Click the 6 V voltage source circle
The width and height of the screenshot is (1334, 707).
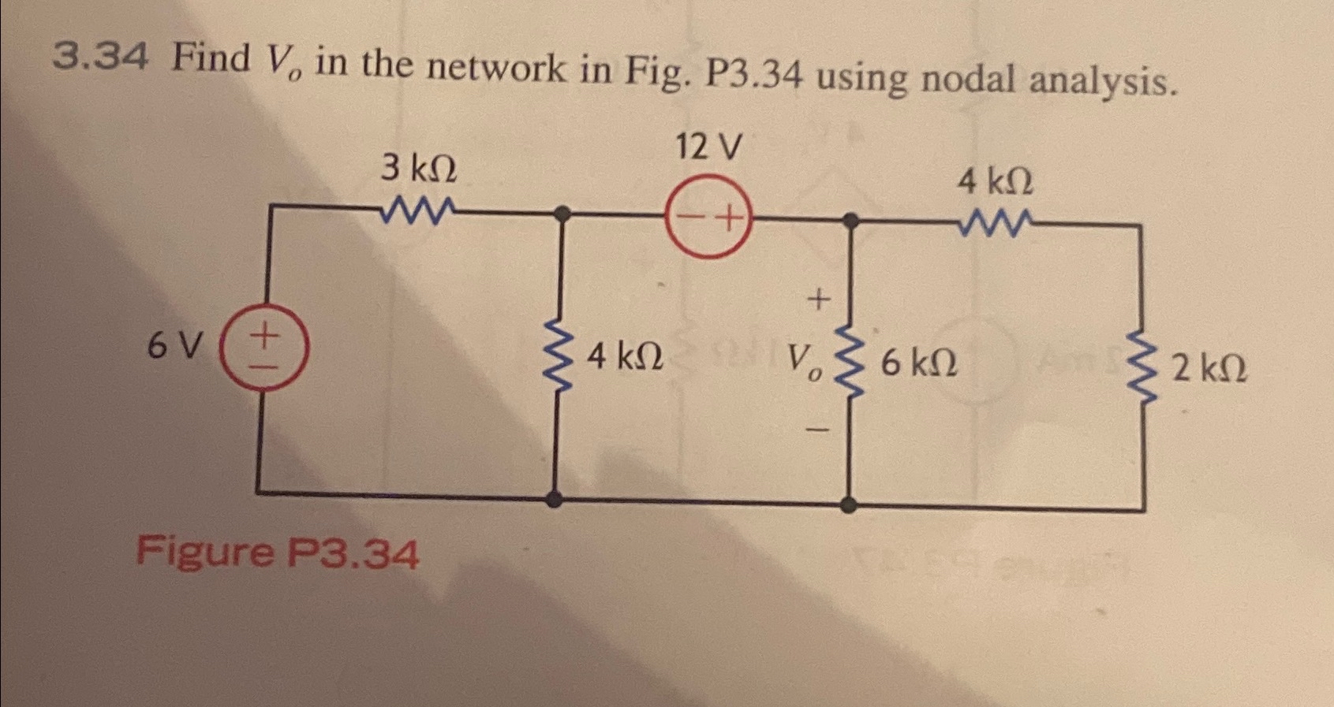pos(263,347)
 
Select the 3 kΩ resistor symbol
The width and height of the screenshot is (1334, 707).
pos(418,210)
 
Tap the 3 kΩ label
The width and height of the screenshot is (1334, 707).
pos(418,168)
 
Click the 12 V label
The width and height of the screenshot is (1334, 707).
pos(708,147)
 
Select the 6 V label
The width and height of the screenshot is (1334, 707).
pos(175,345)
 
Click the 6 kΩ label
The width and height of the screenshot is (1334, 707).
pos(919,363)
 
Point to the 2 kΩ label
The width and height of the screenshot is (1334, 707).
pos(1209,368)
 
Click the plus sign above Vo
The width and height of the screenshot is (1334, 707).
pos(819,300)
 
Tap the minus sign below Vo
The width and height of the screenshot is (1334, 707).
pos(819,430)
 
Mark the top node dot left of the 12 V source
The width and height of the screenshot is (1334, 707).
pos(562,213)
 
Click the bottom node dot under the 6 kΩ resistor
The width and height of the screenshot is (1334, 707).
pos(848,504)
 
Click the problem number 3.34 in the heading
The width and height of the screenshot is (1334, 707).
pos(99,56)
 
